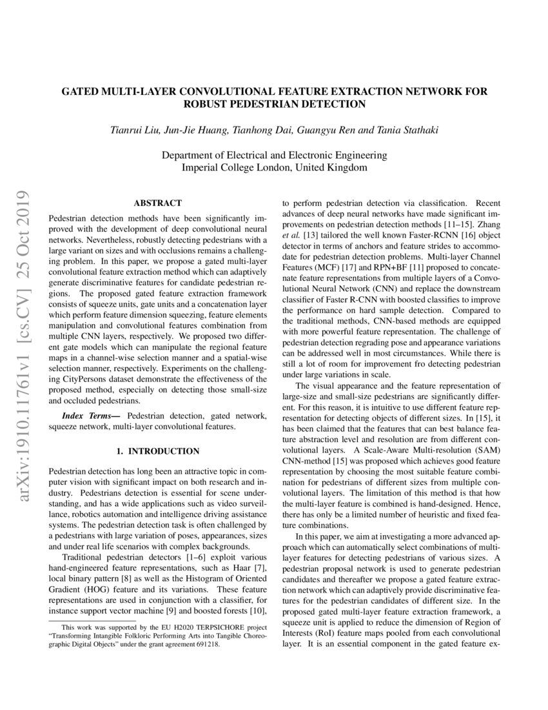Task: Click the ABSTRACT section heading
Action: tap(157, 203)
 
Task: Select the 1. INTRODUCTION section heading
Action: tap(158, 451)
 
